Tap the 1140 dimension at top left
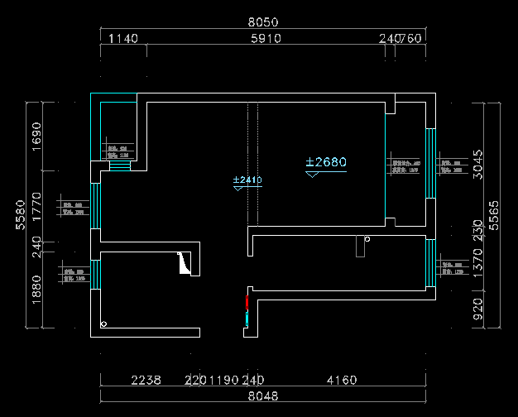(123, 38)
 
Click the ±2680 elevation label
(326, 162)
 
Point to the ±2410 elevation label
(247, 180)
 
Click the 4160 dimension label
(342, 381)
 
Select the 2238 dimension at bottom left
(146, 381)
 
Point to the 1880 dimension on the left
(36, 289)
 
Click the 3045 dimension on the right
(477, 165)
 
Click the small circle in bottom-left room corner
(103, 324)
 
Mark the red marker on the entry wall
(247, 302)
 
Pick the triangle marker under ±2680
(312, 175)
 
